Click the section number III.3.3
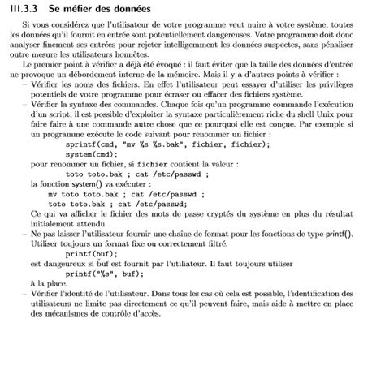[x=30, y=7]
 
